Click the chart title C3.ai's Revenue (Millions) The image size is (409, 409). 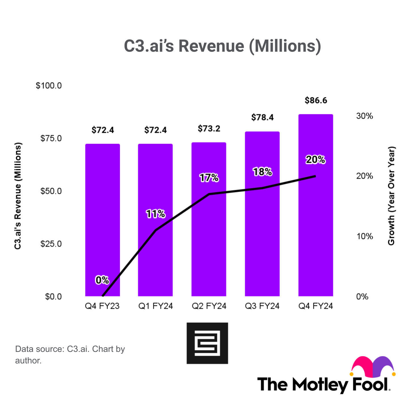(x=222, y=46)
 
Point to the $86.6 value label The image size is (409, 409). (x=316, y=101)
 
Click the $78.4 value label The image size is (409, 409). (x=262, y=117)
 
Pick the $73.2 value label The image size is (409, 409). (x=209, y=129)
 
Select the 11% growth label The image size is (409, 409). (x=156, y=214)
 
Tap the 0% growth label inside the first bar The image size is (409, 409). (x=102, y=280)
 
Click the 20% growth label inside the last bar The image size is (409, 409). (x=316, y=160)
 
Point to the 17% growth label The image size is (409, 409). (x=209, y=178)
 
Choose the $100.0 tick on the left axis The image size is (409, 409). (x=49, y=86)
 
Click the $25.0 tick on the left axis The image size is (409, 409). (x=51, y=244)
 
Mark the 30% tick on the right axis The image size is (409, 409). (x=364, y=116)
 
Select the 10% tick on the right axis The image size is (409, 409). (x=364, y=236)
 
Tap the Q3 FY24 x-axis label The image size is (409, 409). (x=262, y=306)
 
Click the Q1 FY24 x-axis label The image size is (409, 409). (x=156, y=306)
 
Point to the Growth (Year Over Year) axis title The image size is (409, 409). (x=391, y=196)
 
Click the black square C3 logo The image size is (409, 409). (x=207, y=343)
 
